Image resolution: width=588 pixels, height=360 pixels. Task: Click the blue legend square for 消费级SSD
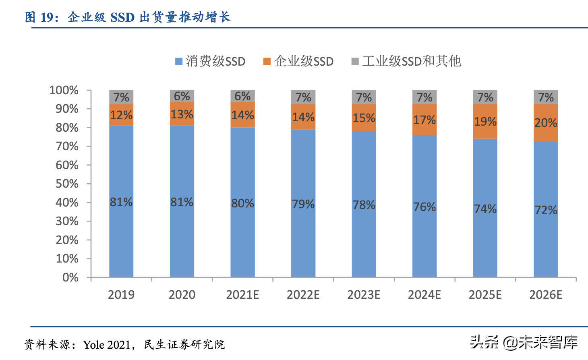pos(179,61)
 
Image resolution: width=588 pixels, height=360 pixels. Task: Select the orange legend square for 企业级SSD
pos(267,61)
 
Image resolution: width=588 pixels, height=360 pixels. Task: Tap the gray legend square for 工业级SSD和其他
pos(355,61)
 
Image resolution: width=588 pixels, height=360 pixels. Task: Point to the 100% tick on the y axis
pos(64,90)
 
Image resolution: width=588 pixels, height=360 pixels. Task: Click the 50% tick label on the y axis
pos(67,184)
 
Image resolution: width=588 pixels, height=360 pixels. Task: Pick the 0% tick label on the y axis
pos(70,277)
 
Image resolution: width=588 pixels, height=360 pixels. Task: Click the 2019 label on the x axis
pos(121,295)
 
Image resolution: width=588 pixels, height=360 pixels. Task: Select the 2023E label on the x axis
pos(364,295)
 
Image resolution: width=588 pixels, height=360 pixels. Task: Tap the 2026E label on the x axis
pos(546,295)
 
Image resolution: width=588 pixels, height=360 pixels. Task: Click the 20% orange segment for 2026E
pos(546,122)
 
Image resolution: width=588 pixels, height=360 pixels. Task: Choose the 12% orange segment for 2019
pos(121,115)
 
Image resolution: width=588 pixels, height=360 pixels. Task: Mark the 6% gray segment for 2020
pos(182,96)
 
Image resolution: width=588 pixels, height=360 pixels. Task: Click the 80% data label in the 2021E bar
pos(242,203)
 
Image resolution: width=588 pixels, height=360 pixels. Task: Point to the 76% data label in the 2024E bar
pos(424,207)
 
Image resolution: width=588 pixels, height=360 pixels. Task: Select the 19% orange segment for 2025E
pos(485,121)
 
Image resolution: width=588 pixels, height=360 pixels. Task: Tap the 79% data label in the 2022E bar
pos(303,204)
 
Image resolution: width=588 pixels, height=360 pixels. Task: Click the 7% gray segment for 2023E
pos(364,97)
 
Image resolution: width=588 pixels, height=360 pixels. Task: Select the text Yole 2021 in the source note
pos(106,345)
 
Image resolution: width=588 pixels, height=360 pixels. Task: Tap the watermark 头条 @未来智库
pos(524,342)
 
